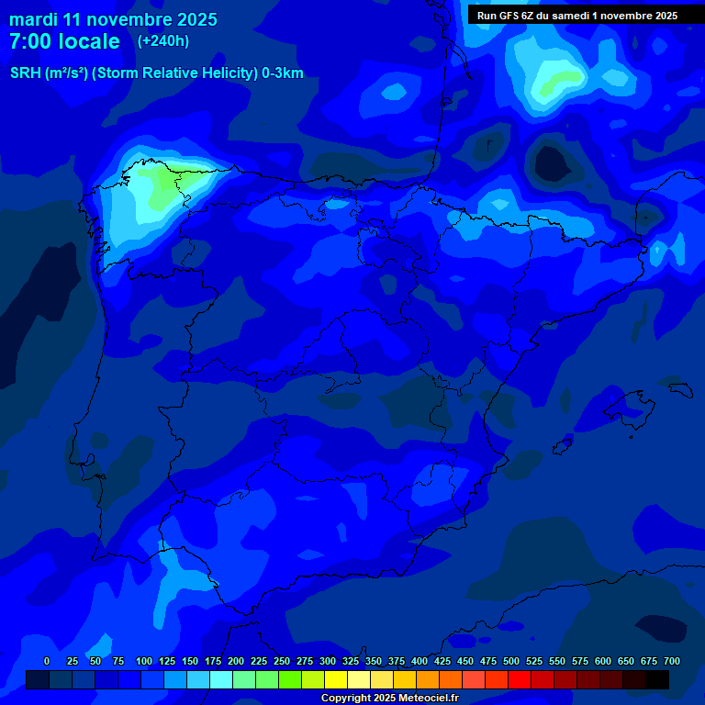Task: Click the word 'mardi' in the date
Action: pos(33,19)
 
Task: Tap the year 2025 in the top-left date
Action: pos(193,19)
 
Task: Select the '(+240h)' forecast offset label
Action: pos(162,41)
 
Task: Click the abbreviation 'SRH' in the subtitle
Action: pos(25,73)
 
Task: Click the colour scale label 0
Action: pos(47,661)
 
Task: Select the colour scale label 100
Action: pos(144,661)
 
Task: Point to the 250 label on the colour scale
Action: pos(282,661)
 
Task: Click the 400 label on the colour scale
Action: pos(420,661)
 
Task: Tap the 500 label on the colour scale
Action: pos(511,661)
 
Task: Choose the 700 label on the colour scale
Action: pos(672,661)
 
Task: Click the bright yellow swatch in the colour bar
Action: pos(336,679)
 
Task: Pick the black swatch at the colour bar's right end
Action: pos(657,679)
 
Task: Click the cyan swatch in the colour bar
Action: pos(221,679)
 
